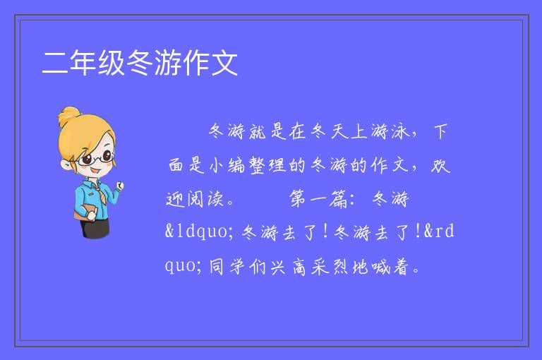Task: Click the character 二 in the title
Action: point(55,63)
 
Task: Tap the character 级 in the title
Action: point(112,63)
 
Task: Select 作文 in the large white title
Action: point(210,63)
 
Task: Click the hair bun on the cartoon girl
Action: point(69,116)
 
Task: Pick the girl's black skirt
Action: point(95,228)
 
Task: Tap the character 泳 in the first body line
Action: point(400,131)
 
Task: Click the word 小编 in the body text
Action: point(227,165)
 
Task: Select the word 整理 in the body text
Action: point(267,165)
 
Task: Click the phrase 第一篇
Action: point(318,199)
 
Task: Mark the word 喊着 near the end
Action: point(390,267)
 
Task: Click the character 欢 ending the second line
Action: point(440,165)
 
